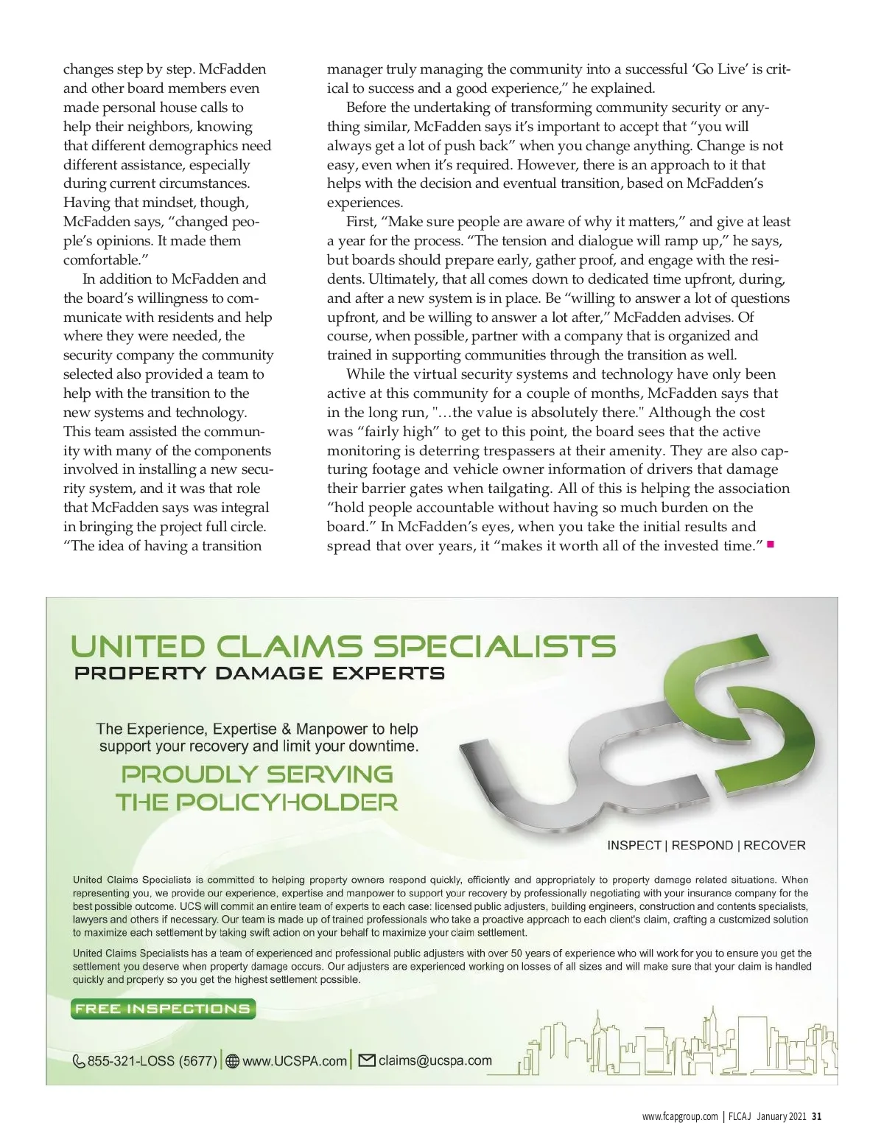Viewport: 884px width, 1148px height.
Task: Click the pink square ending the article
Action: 771,545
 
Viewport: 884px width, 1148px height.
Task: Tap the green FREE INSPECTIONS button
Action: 163,1009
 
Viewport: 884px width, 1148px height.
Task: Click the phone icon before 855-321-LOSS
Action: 79,1062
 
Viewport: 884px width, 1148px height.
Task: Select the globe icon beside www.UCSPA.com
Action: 233,1062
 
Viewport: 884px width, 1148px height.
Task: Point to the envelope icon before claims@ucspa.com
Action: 367,1060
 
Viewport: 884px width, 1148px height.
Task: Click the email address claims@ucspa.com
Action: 435,1060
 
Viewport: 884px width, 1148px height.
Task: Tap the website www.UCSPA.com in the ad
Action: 294,1061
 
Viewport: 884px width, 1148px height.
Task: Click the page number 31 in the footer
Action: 816,1116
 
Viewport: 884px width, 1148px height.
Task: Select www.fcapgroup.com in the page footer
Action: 679,1116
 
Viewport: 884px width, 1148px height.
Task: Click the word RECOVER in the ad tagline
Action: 774,845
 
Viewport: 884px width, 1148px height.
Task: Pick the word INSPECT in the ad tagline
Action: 634,845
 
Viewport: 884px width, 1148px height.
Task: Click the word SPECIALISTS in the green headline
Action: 494,647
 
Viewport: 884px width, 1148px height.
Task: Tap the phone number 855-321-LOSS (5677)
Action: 152,1062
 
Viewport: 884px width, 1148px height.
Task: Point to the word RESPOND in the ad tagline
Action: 702,845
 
